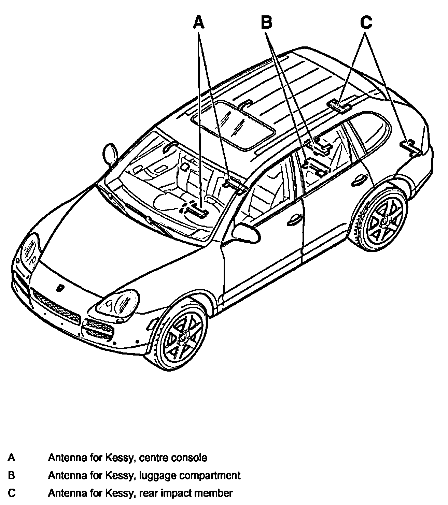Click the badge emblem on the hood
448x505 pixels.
pyautogui.click(x=60, y=288)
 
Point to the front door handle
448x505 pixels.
pyautogui.click(x=293, y=221)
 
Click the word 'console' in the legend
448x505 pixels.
pyautogui.click(x=191, y=457)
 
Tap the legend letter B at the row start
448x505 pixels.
pyautogui.click(x=12, y=475)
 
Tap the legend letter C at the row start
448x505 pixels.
pyautogui.click(x=12, y=493)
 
